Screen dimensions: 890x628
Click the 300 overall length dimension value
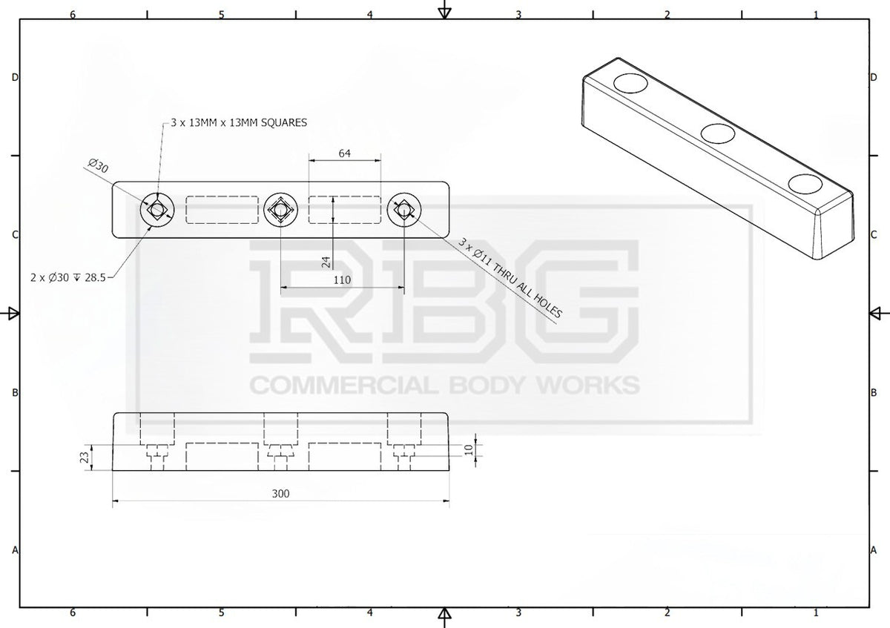click(280, 493)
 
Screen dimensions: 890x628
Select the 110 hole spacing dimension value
click(342, 280)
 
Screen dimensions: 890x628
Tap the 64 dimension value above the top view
click(344, 153)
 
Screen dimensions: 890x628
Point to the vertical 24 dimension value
click(326, 262)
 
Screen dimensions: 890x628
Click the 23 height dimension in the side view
click(85, 457)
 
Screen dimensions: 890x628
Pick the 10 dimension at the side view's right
click(469, 449)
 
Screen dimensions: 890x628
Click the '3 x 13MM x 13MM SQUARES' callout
click(239, 122)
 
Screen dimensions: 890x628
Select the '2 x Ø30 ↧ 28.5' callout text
click(68, 277)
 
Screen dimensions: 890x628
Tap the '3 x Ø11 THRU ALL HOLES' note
click(510, 278)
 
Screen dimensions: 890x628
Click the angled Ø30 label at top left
click(98, 165)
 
